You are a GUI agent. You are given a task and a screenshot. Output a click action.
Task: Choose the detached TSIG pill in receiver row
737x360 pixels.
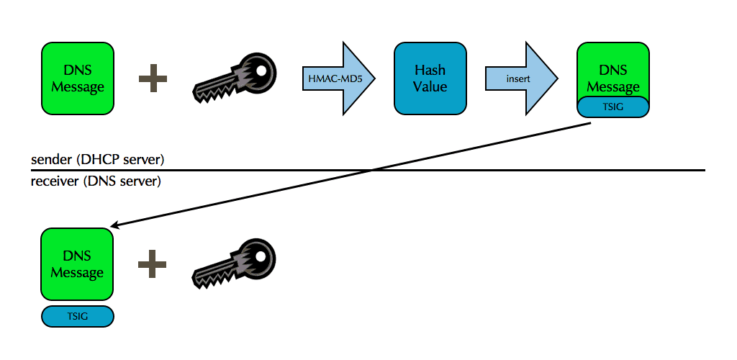77,316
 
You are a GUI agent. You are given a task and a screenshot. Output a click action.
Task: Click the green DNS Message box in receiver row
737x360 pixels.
77,264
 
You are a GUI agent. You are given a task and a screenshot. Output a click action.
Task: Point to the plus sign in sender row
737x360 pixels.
153,78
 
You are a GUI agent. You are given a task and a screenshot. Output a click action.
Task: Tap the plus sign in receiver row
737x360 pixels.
153,264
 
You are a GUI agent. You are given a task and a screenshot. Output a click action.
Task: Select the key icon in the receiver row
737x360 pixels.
235,264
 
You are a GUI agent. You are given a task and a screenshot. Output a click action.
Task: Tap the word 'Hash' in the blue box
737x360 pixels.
430,71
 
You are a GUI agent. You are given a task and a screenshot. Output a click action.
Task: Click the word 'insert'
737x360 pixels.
517,78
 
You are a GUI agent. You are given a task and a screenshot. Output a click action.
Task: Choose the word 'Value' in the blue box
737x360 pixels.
430,86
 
